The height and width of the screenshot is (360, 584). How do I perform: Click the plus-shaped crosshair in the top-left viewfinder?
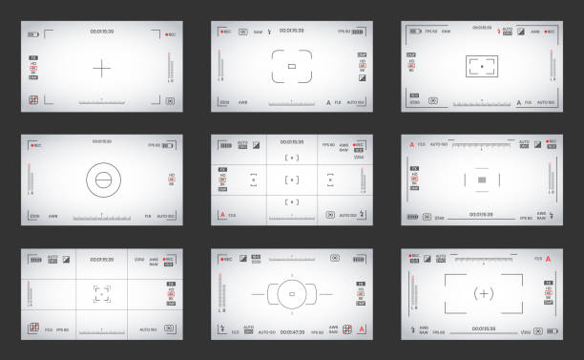pyautogui.click(x=101, y=67)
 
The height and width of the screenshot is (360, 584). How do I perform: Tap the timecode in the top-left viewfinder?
pyautogui.click(x=101, y=32)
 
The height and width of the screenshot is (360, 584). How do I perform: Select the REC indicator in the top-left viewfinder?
pyautogui.click(x=169, y=33)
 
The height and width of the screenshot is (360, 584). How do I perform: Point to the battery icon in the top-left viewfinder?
pyautogui.click(x=34, y=33)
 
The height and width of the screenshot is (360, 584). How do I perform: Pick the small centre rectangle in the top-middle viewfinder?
pyautogui.click(x=292, y=67)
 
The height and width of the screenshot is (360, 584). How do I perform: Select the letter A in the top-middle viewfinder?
pyautogui.click(x=328, y=101)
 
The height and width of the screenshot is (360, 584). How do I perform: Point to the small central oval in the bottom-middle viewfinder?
pyautogui.click(x=292, y=295)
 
